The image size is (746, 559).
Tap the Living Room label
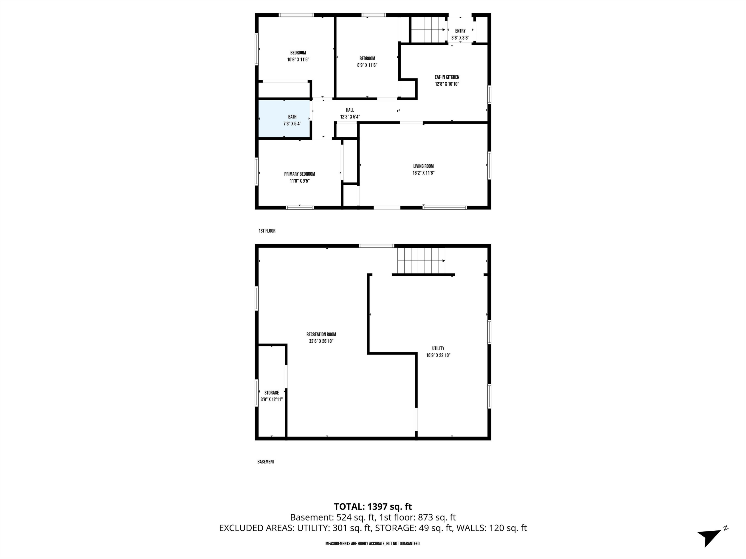coord(423,166)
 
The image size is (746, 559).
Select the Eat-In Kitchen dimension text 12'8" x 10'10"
coord(447,84)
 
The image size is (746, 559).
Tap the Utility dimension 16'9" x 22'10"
coord(438,355)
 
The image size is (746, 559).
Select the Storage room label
coord(272,393)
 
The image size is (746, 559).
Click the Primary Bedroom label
coord(299,174)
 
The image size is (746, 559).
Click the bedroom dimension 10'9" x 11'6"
coord(298,60)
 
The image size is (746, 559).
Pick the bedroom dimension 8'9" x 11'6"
coord(367,65)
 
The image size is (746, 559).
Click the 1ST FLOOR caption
coord(267,231)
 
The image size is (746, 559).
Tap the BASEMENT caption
coord(266,462)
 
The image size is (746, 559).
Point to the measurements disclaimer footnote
coord(373,544)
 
